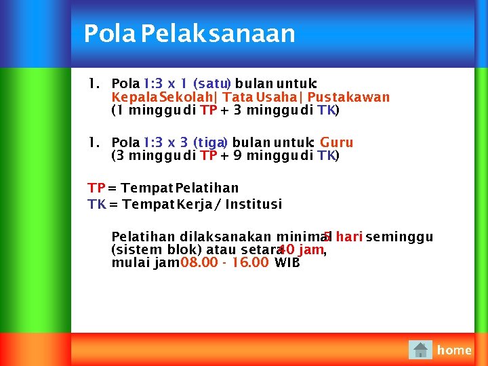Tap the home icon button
tap(420, 350)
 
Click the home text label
tap(454, 350)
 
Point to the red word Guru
tap(336, 142)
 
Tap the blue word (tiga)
tap(211, 142)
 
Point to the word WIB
tap(287, 262)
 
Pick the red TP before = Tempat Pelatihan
tap(96, 188)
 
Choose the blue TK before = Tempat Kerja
tap(96, 204)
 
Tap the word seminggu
tap(399, 237)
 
